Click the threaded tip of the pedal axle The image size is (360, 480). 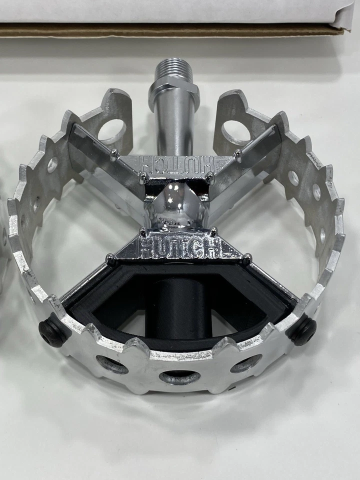(173, 67)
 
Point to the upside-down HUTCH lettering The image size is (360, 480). (175, 163)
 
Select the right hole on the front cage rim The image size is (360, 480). (245, 363)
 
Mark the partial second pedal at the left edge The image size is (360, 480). (4, 240)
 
